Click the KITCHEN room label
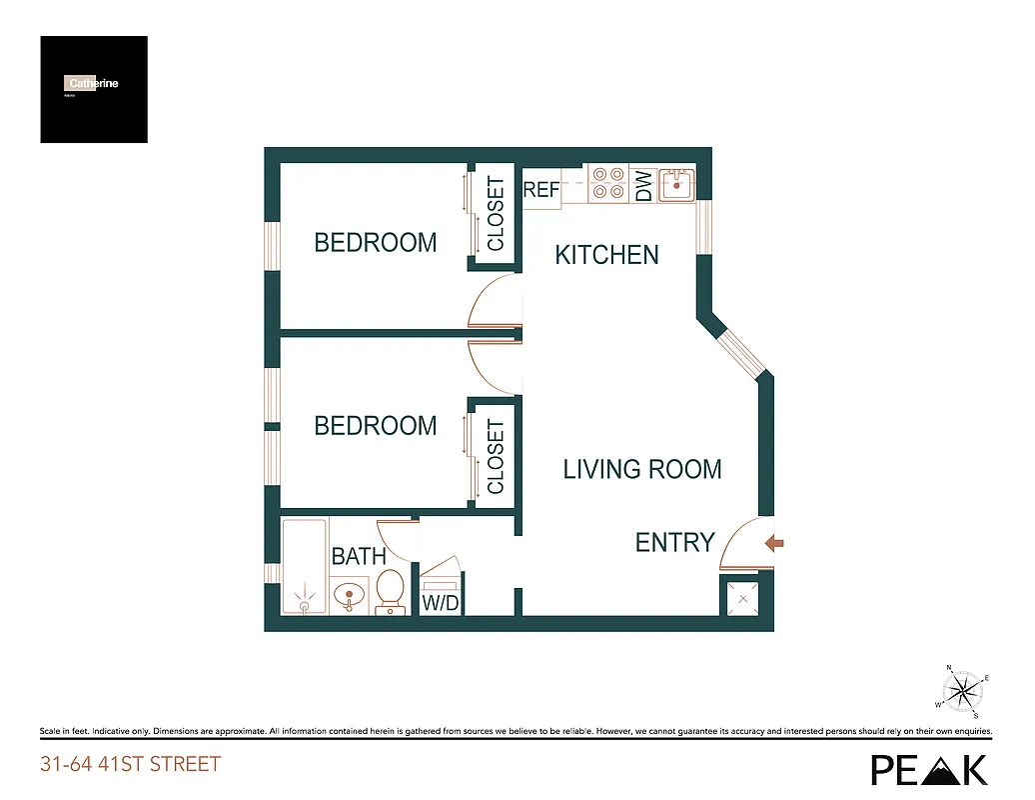coord(606,255)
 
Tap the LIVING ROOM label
coord(641,469)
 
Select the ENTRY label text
coord(675,542)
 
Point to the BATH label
coord(359,556)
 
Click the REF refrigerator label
coord(541,189)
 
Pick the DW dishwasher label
coord(644,186)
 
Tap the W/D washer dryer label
coord(440,603)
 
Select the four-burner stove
coord(606,184)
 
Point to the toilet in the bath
coord(390,590)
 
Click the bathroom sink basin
coord(348,597)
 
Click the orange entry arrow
coord(774,543)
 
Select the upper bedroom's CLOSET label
coord(496,214)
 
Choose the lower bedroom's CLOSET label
coord(496,457)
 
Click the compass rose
coord(961,690)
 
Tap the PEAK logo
coord(929,768)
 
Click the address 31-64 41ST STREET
coord(130,765)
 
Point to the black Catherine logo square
coord(94,89)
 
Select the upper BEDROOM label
coord(376,242)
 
